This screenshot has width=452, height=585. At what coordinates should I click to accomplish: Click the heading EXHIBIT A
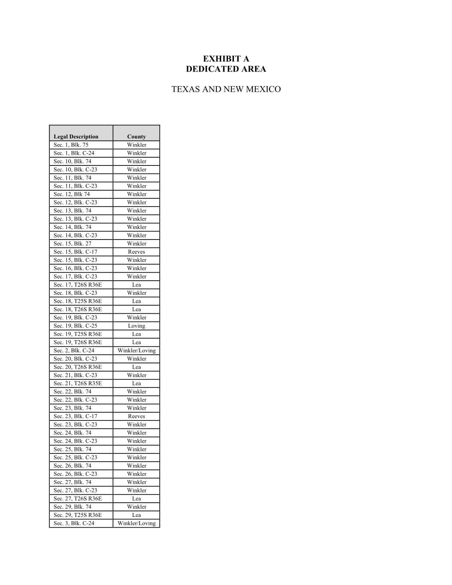click(226, 59)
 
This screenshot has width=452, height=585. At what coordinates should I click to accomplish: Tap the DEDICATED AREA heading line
click(226, 69)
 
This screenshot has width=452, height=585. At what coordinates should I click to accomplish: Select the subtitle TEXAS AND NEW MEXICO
click(226, 89)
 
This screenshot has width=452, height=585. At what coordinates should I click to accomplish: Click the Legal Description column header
click(76, 137)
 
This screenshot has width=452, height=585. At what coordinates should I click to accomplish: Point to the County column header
click(136, 137)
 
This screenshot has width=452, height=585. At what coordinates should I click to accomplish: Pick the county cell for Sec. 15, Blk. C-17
click(136, 252)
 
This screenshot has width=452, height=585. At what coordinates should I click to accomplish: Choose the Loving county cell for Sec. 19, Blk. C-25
click(136, 326)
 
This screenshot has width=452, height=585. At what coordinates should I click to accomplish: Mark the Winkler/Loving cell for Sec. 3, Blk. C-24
click(136, 523)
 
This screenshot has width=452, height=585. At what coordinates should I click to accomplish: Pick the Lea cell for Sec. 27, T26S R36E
click(136, 498)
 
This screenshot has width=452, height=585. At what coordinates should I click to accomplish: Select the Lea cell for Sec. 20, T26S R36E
click(136, 367)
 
